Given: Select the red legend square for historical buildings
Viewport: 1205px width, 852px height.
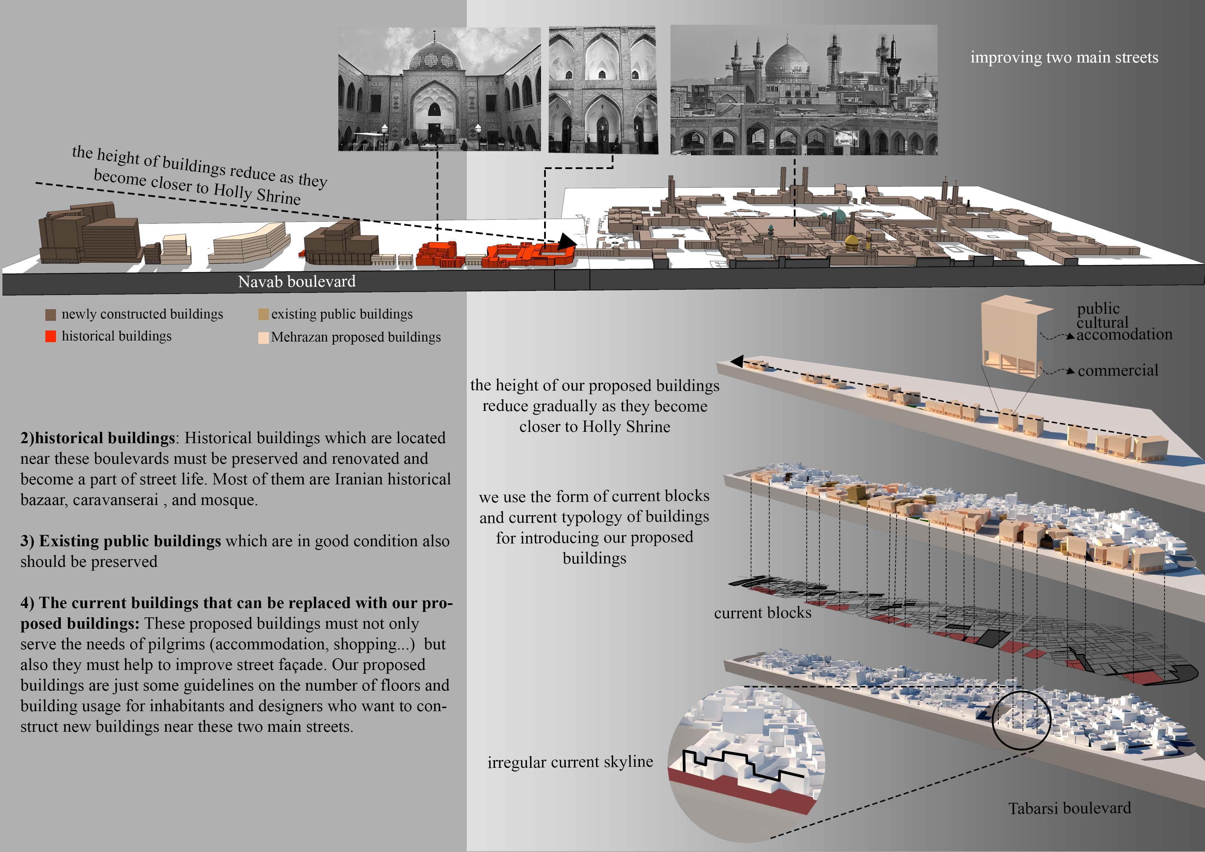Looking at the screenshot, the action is point(50,336).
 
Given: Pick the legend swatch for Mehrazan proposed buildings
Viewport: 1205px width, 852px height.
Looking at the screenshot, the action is point(263,338).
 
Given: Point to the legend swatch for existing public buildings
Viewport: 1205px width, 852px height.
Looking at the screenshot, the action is point(263,314).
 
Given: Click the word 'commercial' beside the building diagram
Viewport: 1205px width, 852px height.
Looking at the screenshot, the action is point(1118,371).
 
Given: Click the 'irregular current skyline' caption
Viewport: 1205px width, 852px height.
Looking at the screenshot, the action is point(570,762).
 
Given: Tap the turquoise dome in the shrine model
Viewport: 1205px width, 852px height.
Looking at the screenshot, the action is point(839,215).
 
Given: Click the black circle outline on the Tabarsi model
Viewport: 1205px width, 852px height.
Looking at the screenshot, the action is point(1021,720).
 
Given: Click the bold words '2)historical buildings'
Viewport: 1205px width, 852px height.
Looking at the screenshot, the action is point(98,438).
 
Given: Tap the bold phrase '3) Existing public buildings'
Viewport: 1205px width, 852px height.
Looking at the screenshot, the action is point(121,541).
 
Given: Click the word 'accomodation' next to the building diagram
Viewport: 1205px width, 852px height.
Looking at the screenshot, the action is point(1124,334).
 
